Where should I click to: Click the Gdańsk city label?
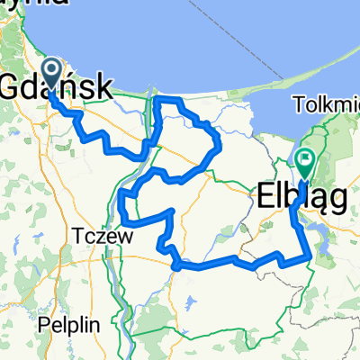click(59, 87)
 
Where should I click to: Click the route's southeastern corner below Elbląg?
click(310, 257)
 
